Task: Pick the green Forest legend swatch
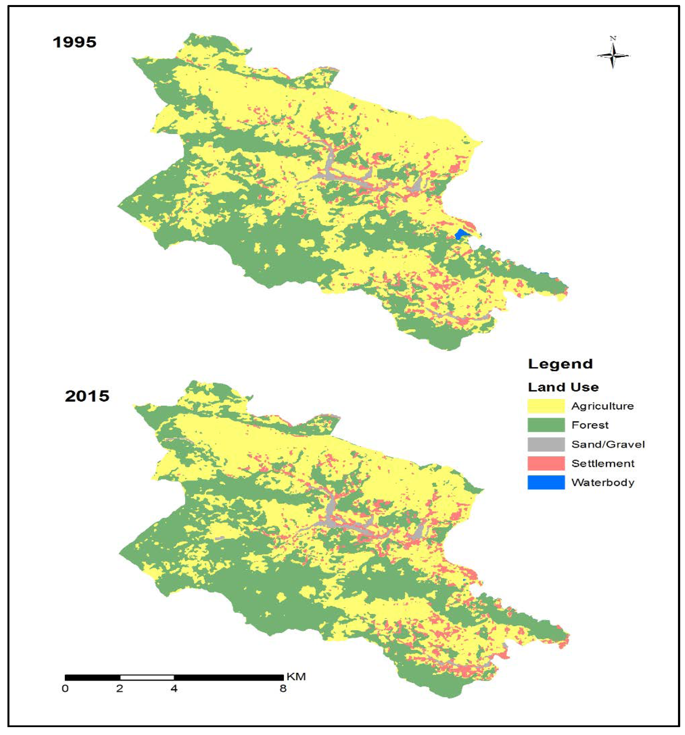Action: (546, 425)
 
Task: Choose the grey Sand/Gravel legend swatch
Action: (546, 444)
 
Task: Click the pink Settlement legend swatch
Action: (546, 463)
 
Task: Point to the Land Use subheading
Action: (563, 387)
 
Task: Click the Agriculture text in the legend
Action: (602, 406)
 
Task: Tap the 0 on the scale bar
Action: (65, 688)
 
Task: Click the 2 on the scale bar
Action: (120, 688)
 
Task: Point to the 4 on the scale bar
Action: (174, 688)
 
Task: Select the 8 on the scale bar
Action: (283, 688)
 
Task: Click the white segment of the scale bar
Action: (147, 677)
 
